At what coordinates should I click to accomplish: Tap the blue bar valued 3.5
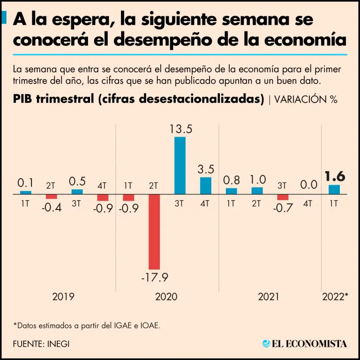[206, 186]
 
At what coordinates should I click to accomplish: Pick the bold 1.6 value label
[335, 176]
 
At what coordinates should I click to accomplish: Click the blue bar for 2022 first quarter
[334, 189]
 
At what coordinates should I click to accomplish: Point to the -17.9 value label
[154, 277]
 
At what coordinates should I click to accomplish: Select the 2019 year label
[63, 297]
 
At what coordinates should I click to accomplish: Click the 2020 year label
[166, 297]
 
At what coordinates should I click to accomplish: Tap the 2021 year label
[269, 297]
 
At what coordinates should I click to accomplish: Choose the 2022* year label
[335, 297]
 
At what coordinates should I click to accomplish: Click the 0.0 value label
[309, 185]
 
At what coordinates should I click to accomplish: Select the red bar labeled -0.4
[51, 196]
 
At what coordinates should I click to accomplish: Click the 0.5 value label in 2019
[77, 181]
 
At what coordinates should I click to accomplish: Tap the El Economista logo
[305, 344]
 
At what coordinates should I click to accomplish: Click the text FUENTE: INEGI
[41, 344]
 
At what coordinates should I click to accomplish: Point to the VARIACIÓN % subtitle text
[305, 99]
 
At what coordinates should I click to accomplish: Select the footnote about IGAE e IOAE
[87, 325]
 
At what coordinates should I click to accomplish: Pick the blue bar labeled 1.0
[257, 191]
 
